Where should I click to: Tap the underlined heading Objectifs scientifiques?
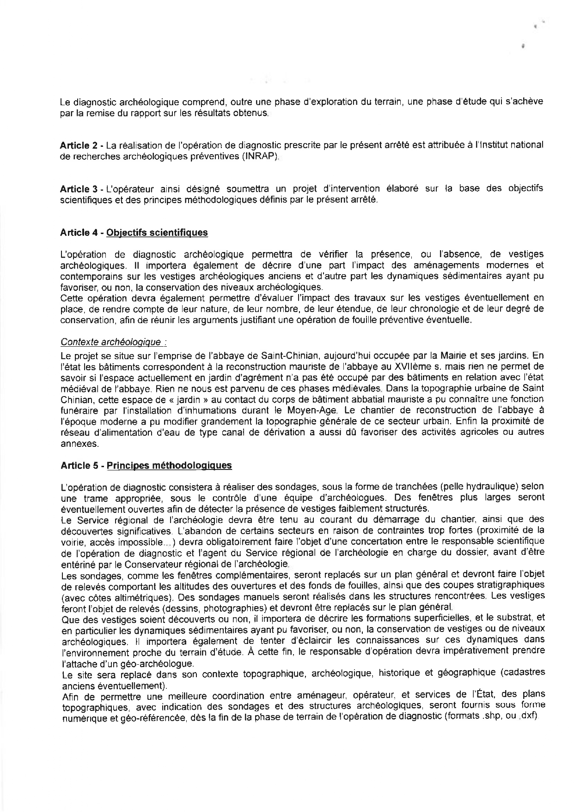coord(157,233)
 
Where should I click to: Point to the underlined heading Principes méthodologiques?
coord(169,465)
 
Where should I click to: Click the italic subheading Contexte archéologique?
coord(114,342)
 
